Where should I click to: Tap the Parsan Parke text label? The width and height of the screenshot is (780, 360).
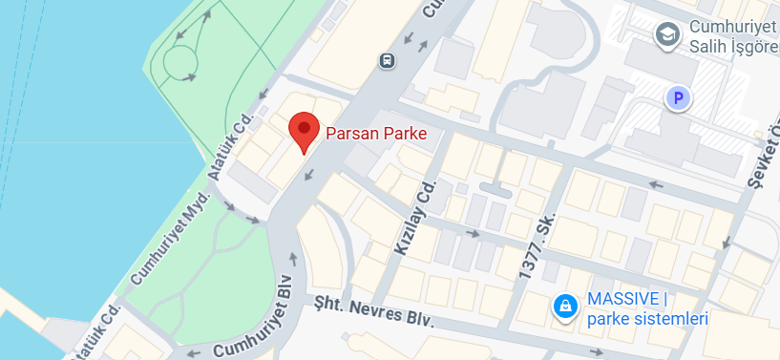pyautogui.click(x=375, y=134)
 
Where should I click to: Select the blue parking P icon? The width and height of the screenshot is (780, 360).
pyautogui.click(x=679, y=97)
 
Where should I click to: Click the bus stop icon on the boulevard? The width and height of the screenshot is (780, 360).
pyautogui.click(x=388, y=60)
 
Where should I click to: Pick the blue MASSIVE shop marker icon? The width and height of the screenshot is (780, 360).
pyautogui.click(x=565, y=306)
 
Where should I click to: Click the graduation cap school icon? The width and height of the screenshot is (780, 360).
pyautogui.click(x=666, y=34)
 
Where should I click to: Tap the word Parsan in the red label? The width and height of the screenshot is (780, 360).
pyautogui.click(x=351, y=134)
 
